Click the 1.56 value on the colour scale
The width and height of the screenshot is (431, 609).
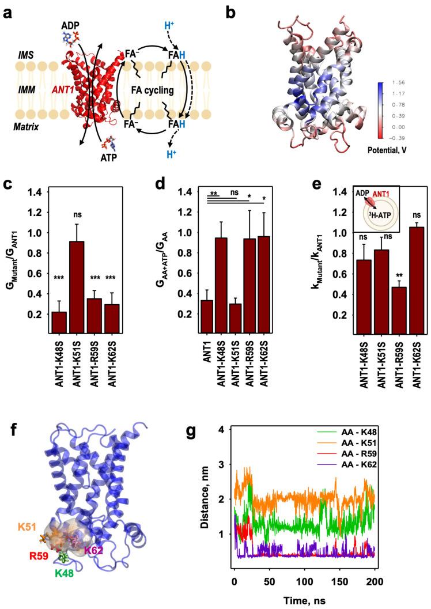click(398, 67)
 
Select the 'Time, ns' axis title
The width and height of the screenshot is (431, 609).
click(304, 600)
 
